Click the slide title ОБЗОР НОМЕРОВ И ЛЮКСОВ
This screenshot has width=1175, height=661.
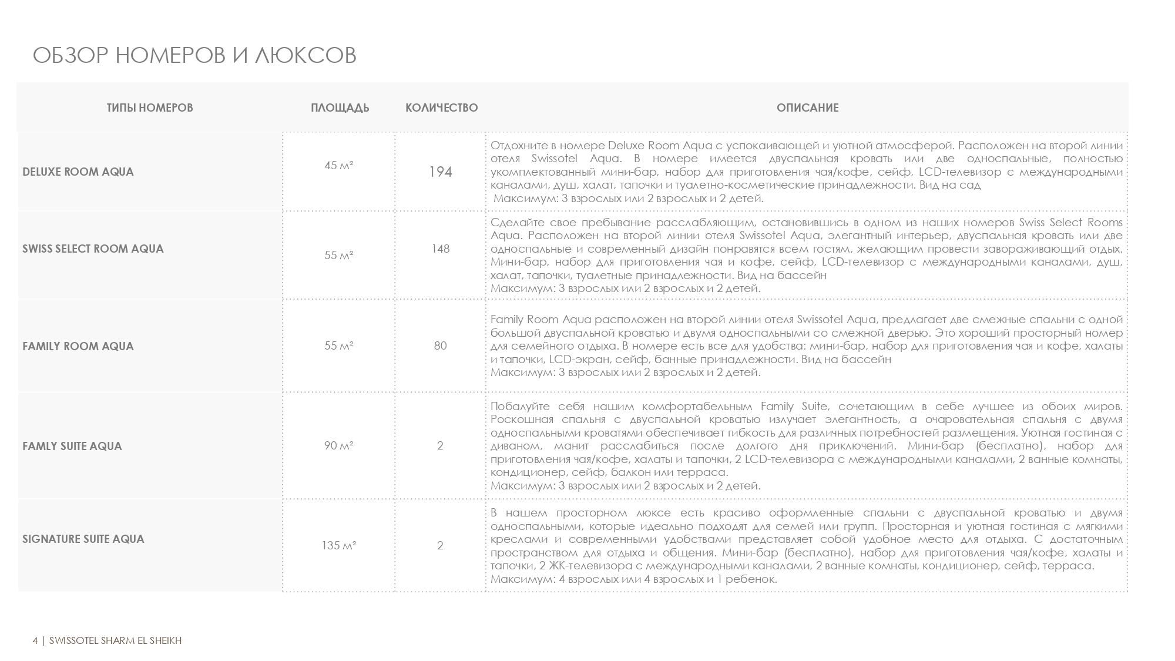pyautogui.click(x=194, y=55)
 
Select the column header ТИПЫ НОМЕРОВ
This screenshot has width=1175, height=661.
pyautogui.click(x=150, y=108)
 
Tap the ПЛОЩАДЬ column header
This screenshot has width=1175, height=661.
pyautogui.click(x=340, y=108)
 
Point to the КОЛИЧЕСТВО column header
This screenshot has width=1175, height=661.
pyautogui.click(x=441, y=108)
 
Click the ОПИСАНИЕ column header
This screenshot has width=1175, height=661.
pyautogui.click(x=807, y=108)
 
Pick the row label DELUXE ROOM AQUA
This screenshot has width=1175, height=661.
pyautogui.click(x=78, y=172)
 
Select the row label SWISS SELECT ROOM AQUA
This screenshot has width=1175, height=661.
pyautogui.click(x=93, y=249)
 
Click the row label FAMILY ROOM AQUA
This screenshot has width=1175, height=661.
pyautogui.click(x=78, y=346)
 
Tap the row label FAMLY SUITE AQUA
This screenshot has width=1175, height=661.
pyautogui.click(x=72, y=446)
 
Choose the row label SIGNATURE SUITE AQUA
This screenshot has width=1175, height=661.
pyautogui.click(x=83, y=539)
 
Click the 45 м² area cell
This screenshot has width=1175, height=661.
pyautogui.click(x=339, y=166)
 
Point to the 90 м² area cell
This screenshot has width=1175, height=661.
pyautogui.click(x=339, y=445)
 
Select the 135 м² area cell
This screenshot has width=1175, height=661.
pyautogui.click(x=339, y=545)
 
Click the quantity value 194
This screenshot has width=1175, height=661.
pyautogui.click(x=441, y=172)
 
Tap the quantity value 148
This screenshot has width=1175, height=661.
pyautogui.click(x=441, y=249)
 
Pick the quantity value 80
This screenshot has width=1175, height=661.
pyautogui.click(x=441, y=345)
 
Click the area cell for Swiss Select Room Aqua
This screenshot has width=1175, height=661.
pyautogui.click(x=339, y=255)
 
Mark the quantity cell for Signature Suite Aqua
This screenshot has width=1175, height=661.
pyautogui.click(x=441, y=545)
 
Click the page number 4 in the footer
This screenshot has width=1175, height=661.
pyautogui.click(x=35, y=640)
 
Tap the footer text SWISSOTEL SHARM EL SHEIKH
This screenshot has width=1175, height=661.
pyautogui.click(x=116, y=640)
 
